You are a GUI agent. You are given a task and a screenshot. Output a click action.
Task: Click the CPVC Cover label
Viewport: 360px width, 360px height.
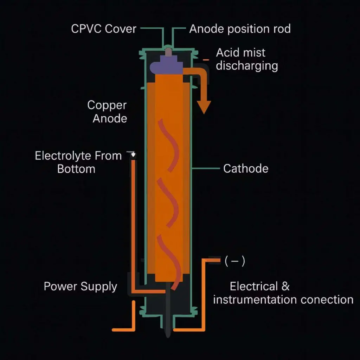click(x=103, y=28)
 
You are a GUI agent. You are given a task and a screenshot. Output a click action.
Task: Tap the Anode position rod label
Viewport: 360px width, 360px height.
click(x=240, y=28)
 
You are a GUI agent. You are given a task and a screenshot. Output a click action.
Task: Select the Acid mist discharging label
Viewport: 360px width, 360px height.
click(x=246, y=59)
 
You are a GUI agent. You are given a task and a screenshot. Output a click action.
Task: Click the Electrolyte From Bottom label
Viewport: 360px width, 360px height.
click(x=78, y=162)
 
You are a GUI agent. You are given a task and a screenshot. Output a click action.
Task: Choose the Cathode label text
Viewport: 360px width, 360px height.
click(x=246, y=168)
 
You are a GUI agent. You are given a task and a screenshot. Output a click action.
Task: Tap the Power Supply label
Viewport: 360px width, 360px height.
click(x=80, y=286)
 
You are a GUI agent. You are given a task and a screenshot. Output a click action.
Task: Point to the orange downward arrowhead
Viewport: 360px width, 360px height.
click(x=204, y=107)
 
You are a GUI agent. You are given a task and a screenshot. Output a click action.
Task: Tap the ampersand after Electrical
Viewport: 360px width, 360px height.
click(x=285, y=286)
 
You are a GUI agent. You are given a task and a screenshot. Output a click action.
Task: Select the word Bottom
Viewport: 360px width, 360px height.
click(x=76, y=169)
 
